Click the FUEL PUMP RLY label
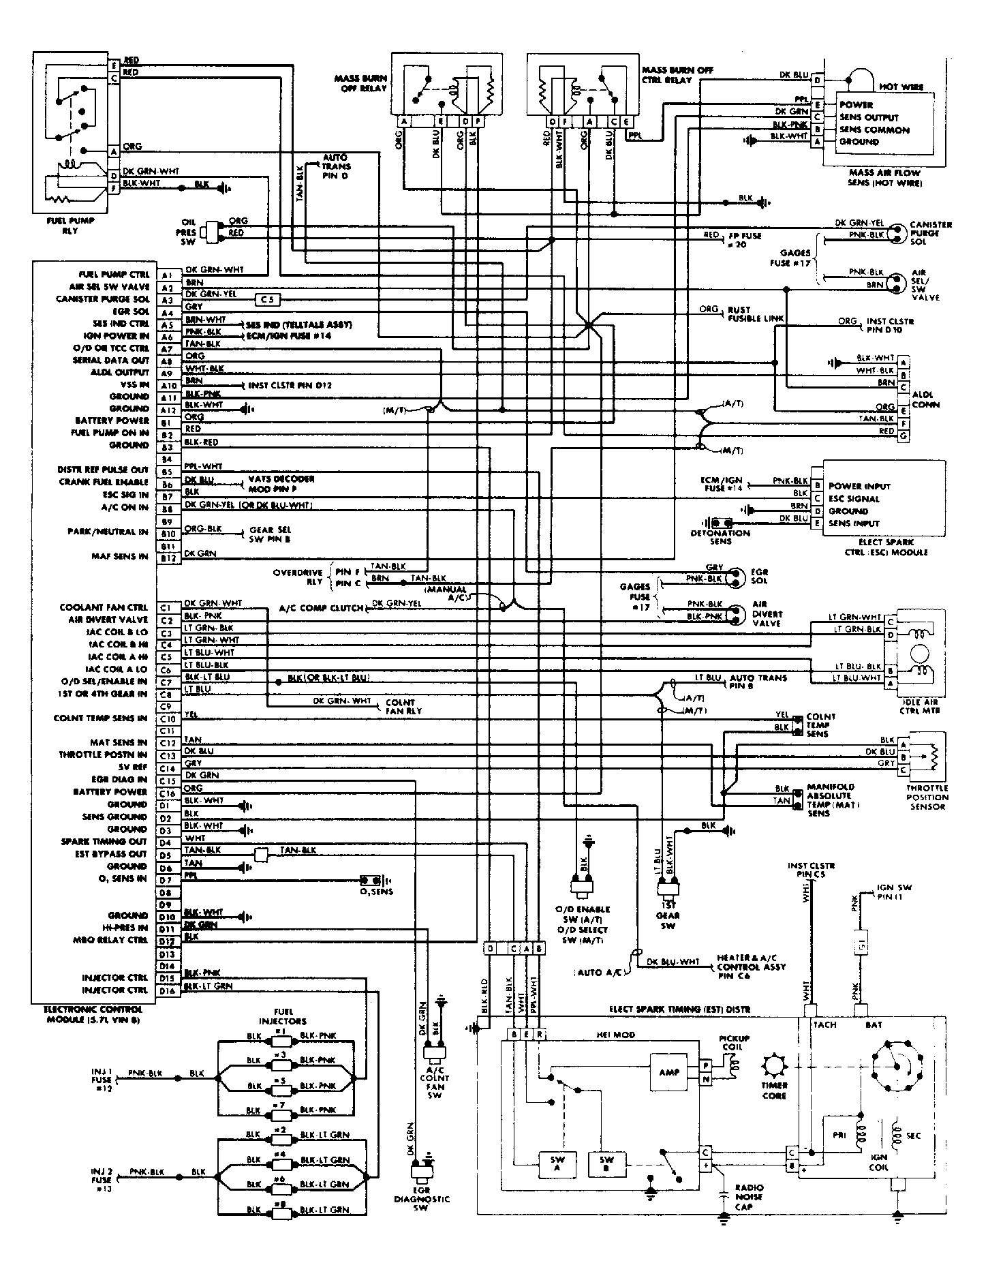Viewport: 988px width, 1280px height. (x=70, y=226)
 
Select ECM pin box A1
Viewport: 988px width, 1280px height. (x=167, y=275)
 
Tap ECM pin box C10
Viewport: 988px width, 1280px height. (x=167, y=719)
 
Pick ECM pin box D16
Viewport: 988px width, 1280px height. (x=167, y=990)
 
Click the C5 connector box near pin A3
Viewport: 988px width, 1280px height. (x=267, y=299)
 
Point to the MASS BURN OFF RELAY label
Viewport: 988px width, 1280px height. (x=360, y=83)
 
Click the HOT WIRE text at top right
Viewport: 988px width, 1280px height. (x=901, y=87)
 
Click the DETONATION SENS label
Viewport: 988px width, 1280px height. (x=720, y=537)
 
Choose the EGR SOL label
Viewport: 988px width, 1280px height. (x=760, y=577)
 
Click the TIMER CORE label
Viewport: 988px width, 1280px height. (x=775, y=1091)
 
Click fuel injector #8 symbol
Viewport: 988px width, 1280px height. (x=279, y=1209)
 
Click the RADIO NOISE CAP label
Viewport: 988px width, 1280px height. (x=749, y=1197)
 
